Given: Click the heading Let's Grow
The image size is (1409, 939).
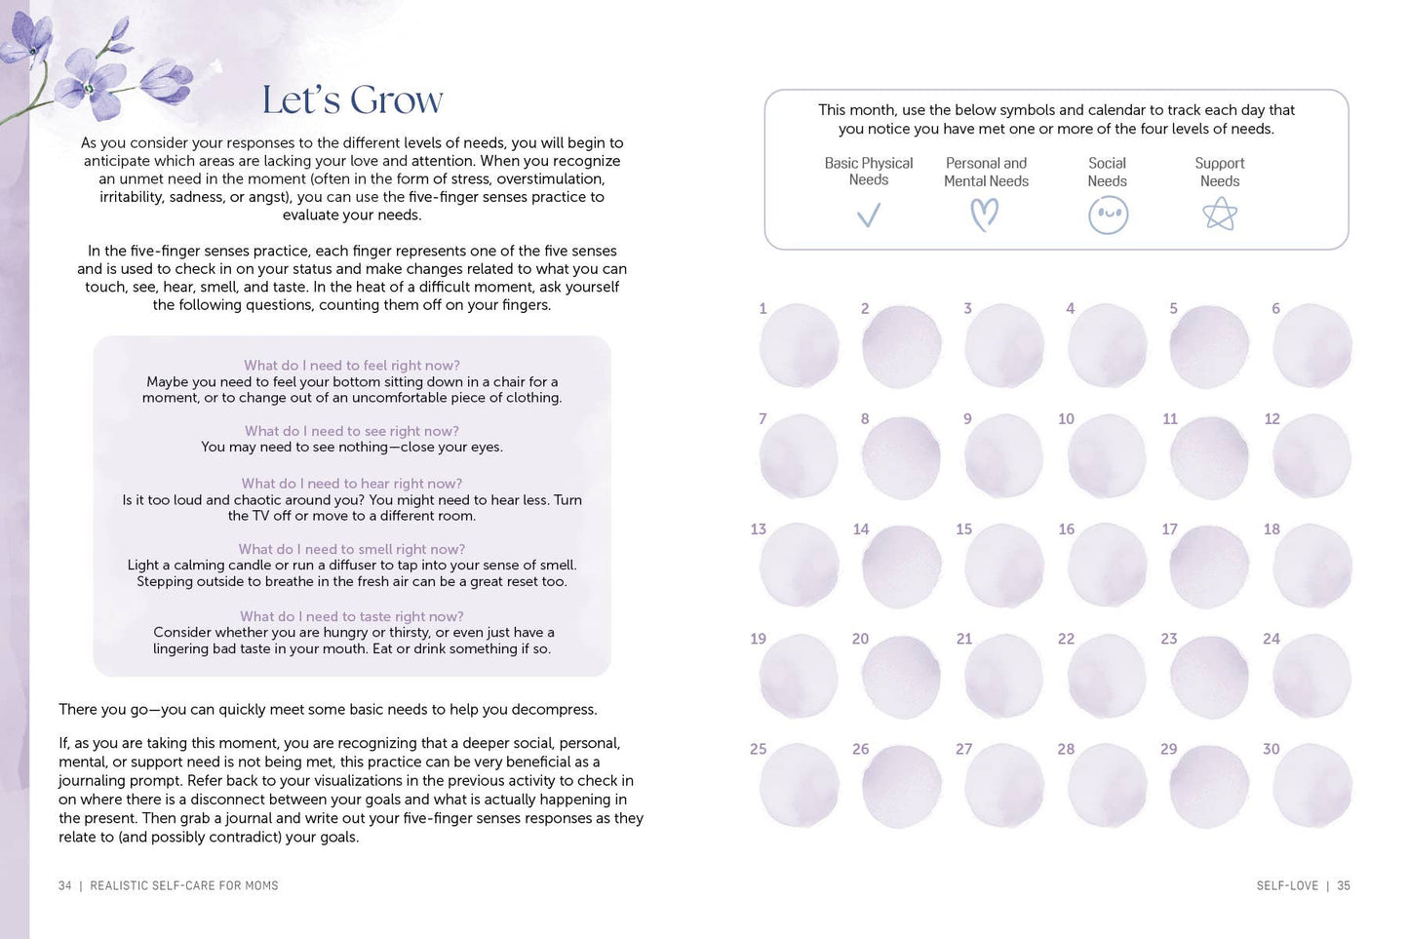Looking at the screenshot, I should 352,99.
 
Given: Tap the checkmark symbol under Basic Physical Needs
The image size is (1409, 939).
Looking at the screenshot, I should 868,215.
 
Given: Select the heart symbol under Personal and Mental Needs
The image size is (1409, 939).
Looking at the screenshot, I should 985,215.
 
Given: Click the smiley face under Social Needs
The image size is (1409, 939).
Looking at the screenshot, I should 1108,215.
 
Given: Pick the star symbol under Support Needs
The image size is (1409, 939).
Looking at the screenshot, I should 1220,215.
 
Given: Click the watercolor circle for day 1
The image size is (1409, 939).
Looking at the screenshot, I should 799,346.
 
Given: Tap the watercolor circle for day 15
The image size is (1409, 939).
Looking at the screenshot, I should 1004,567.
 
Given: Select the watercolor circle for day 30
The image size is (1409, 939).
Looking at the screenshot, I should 1312,787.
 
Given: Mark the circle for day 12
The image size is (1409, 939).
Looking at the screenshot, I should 1312,456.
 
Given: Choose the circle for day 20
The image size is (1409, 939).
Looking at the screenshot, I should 901,677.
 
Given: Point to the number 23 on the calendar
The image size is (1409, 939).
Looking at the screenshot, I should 1168,639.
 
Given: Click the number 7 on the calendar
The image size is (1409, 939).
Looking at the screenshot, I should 763,418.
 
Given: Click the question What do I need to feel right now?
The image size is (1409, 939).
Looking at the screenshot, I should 352,366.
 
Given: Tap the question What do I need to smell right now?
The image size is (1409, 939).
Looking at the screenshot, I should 352,549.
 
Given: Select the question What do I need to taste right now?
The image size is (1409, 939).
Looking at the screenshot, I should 352,616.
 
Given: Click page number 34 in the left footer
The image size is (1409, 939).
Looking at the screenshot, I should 65,885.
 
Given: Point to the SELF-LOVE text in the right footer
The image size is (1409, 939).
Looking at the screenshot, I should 1287,885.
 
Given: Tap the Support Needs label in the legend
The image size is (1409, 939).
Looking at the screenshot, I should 1220,172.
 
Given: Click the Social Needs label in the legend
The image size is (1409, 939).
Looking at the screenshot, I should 1108,172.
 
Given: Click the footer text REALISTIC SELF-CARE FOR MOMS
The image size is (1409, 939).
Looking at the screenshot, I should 184,885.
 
